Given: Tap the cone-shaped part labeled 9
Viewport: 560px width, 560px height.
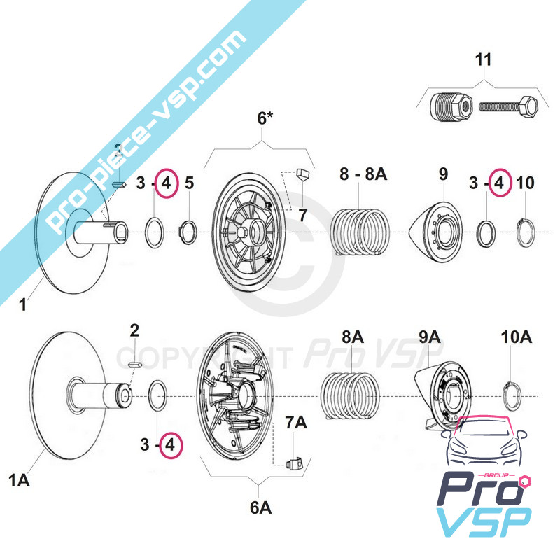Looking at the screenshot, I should (436, 230).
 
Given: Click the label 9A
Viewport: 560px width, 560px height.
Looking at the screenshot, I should (429, 337).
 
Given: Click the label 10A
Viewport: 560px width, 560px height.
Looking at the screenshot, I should (517, 337).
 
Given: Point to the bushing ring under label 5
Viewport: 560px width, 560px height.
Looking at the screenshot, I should (187, 230).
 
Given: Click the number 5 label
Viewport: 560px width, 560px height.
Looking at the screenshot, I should (188, 183).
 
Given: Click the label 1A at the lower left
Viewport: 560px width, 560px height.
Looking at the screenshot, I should (19, 479).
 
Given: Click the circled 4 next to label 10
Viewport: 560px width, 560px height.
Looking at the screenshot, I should (498, 183).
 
